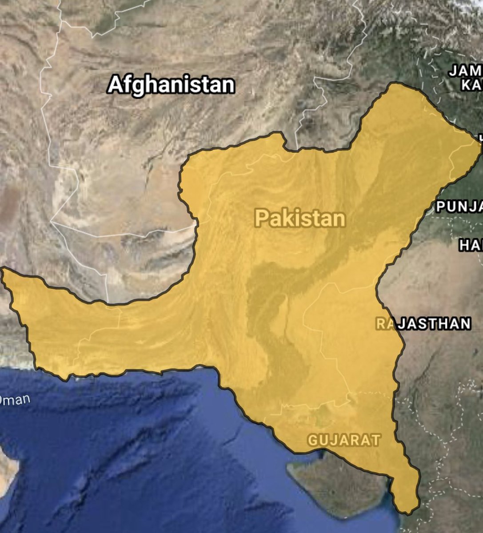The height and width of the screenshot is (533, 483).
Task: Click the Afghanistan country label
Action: click(171, 84)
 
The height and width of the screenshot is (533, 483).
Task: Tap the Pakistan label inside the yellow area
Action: click(300, 219)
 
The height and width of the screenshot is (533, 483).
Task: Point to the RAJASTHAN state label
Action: click(423, 323)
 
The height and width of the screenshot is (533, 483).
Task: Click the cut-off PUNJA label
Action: click(459, 206)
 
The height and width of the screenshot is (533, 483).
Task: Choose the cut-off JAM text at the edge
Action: click(465, 71)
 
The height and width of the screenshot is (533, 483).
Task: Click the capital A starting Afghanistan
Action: click(115, 85)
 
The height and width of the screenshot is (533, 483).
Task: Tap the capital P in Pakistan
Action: click(261, 219)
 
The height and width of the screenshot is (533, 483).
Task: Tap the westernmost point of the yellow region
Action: click(2, 270)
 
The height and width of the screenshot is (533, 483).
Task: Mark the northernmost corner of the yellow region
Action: click(393, 83)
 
